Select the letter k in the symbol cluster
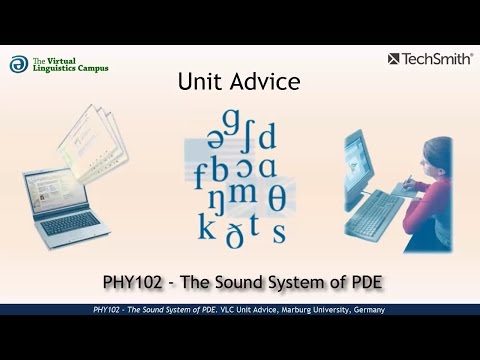point(206,226)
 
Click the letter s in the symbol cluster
point(279,234)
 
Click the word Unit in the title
point(198,82)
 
